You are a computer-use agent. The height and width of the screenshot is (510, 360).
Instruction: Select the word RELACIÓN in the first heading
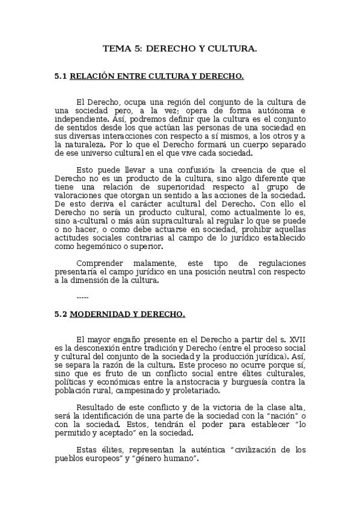tap(93, 77)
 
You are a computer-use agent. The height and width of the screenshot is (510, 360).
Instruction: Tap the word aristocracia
tap(223, 382)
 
